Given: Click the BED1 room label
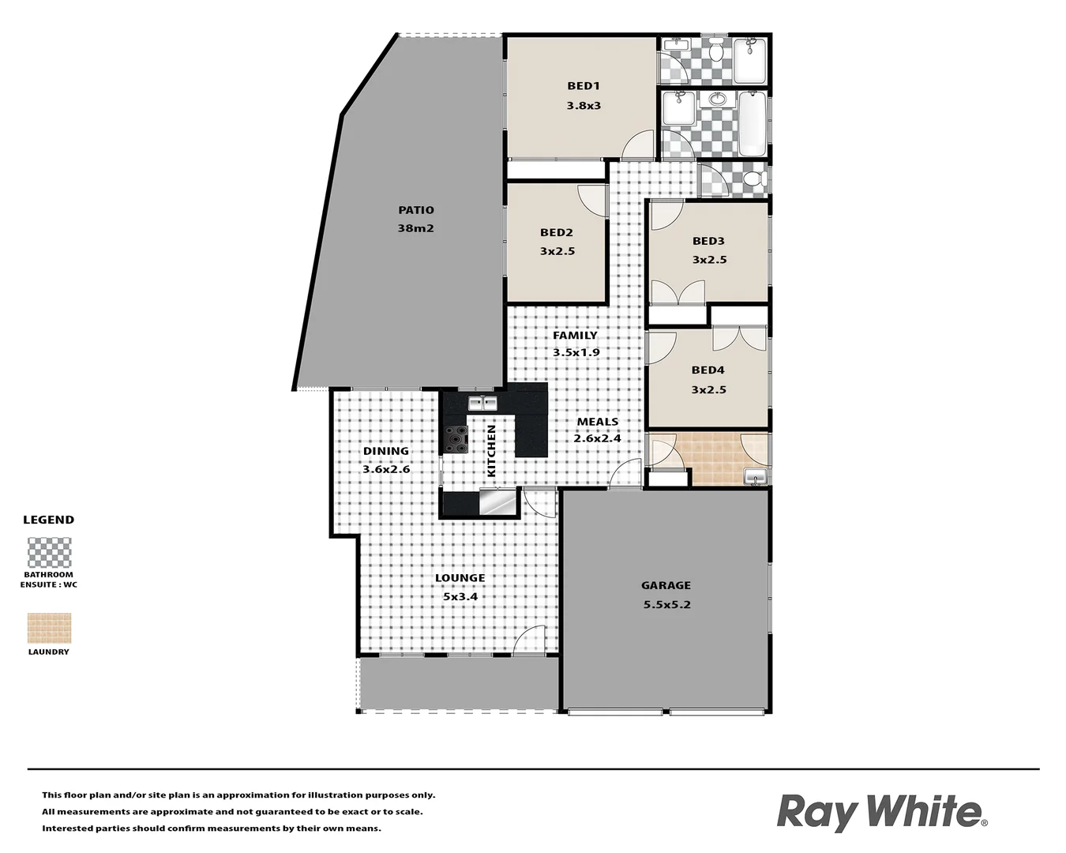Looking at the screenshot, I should [x=584, y=86].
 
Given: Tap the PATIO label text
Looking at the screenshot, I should [x=416, y=210].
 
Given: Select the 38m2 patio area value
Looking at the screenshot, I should [x=416, y=228].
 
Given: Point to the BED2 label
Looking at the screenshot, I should [x=557, y=233].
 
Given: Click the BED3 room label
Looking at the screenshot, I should [x=708, y=241].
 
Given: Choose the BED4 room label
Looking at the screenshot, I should [x=708, y=370].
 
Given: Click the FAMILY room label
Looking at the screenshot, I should [x=575, y=335].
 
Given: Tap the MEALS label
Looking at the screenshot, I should [x=597, y=422].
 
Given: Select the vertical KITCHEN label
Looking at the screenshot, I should [x=491, y=451].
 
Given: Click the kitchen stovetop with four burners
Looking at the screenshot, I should [x=456, y=439].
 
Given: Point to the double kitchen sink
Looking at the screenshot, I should [x=482, y=404].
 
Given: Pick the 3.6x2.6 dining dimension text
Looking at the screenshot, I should [x=386, y=469].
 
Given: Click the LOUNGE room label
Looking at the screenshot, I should [x=460, y=578].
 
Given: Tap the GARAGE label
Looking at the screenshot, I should [x=666, y=585].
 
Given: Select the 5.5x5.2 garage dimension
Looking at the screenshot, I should [x=666, y=605].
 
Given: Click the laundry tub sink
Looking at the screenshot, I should [x=755, y=476].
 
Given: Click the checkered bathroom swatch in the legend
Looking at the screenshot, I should [x=49, y=553].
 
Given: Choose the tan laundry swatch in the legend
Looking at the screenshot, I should [x=49, y=629].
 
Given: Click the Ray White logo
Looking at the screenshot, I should [x=881, y=812].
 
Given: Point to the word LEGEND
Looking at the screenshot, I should [x=48, y=520].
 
